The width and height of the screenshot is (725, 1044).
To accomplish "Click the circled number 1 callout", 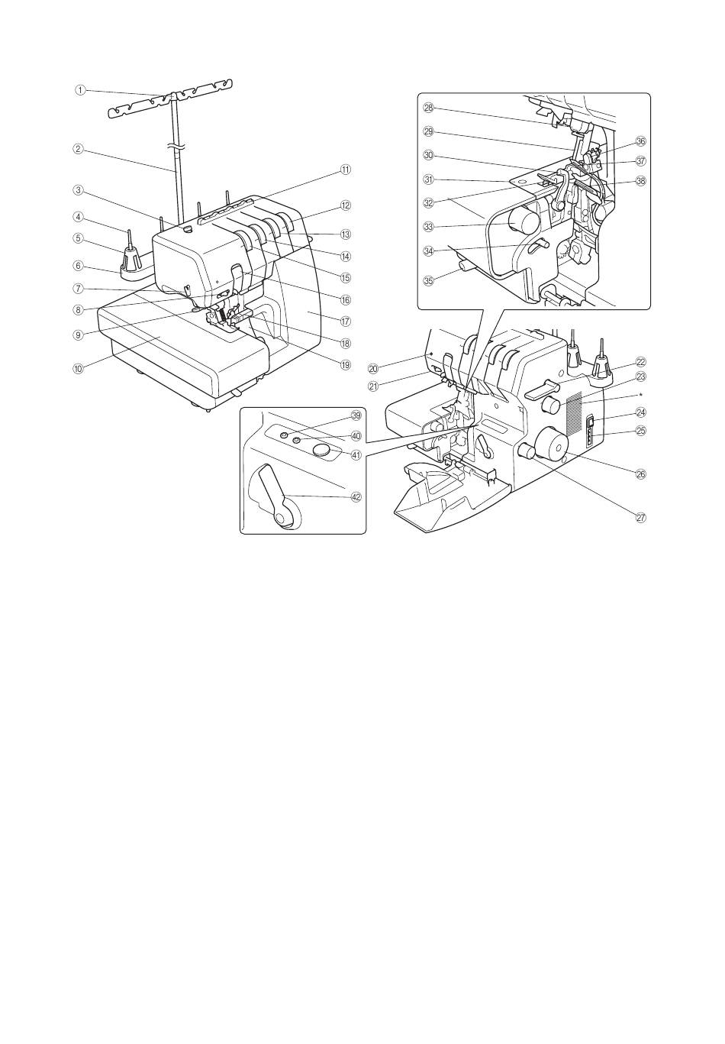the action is click(81, 91).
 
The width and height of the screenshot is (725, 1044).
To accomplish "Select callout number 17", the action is click(345, 321).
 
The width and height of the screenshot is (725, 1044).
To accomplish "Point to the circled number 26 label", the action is click(641, 474).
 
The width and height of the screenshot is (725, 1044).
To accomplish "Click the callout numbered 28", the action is click(428, 108).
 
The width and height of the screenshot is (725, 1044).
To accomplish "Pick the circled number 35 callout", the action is click(428, 280).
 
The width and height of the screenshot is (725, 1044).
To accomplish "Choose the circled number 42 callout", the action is click(356, 497).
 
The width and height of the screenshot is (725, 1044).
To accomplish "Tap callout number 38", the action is click(641, 181).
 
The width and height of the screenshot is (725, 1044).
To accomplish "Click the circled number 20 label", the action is click(373, 369).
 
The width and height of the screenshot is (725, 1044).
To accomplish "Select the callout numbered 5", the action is click(79, 238).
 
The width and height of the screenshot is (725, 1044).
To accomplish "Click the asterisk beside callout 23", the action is click(641, 394).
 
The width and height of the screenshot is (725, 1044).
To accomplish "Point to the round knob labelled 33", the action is click(523, 221).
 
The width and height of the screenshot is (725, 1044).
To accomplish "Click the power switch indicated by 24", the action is click(590, 423).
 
